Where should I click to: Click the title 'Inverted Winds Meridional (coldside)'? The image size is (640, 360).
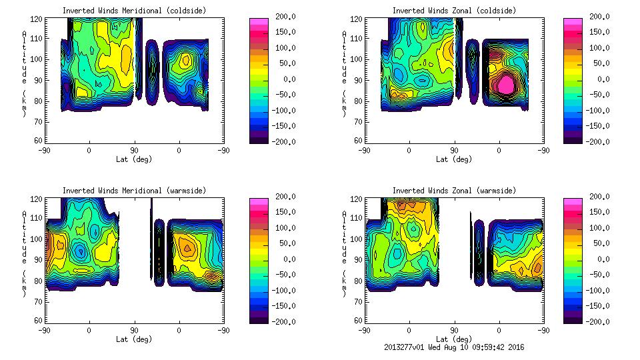(x=134, y=10)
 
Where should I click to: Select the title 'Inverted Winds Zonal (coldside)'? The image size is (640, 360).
(x=454, y=10)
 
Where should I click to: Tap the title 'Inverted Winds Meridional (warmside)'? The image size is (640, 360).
(x=134, y=190)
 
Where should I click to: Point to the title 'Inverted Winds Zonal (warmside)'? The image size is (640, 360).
(x=454, y=190)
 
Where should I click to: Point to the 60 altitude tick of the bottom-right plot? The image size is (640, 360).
(x=358, y=321)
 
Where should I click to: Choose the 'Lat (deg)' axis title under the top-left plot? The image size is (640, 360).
(x=134, y=159)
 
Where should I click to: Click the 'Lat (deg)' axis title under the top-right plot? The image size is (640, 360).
(x=454, y=159)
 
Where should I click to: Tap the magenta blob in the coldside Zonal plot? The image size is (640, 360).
(x=507, y=84)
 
